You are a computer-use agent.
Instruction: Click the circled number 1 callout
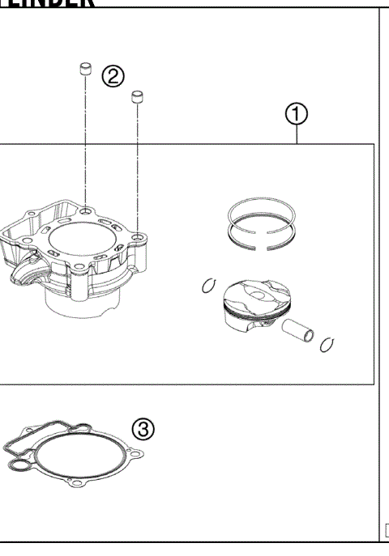pos(297,117)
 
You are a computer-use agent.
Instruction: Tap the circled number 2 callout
pos(113,76)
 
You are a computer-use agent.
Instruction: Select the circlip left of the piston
pos(208,286)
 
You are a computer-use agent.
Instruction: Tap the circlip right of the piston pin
pos(327,344)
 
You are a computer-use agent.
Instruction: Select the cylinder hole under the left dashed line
pos(85,211)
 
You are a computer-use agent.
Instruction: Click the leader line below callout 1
pos(297,135)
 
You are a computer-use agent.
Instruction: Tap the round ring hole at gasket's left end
pos(17,465)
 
